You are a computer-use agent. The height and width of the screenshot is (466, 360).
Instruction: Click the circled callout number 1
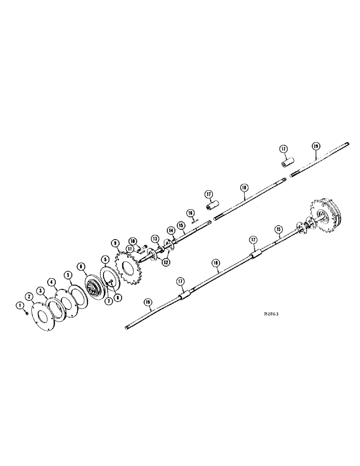20,305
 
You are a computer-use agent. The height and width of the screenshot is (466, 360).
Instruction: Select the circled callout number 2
29,296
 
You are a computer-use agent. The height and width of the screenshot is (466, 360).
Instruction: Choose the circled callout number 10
133,240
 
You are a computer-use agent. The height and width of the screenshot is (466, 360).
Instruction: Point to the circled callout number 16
190,212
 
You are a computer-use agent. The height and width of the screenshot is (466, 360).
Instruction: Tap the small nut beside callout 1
27,313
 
